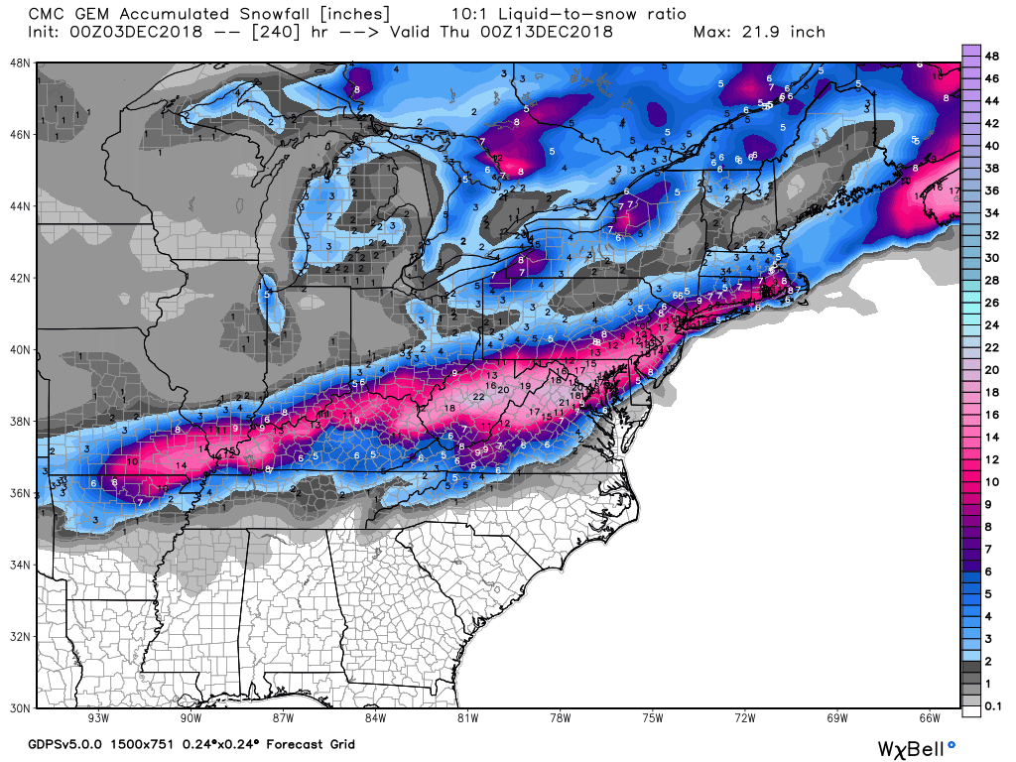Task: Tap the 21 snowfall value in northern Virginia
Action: pyautogui.click(x=564, y=402)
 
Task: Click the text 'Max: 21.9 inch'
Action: pyautogui.click(x=759, y=32)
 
